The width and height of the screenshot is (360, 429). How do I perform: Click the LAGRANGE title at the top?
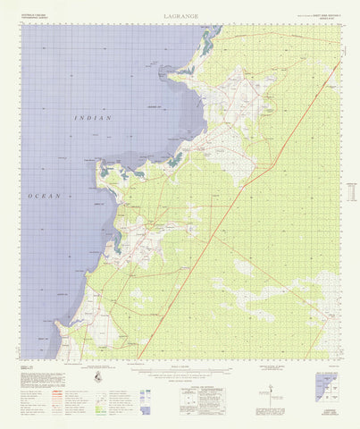(x=181, y=16)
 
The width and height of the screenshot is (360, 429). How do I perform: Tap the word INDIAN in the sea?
(x=94, y=118)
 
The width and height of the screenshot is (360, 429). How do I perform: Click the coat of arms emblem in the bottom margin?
(x=98, y=380)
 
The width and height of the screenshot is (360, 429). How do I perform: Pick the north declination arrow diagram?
(x=269, y=382)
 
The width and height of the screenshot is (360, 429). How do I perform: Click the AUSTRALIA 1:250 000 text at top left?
(x=36, y=14)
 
